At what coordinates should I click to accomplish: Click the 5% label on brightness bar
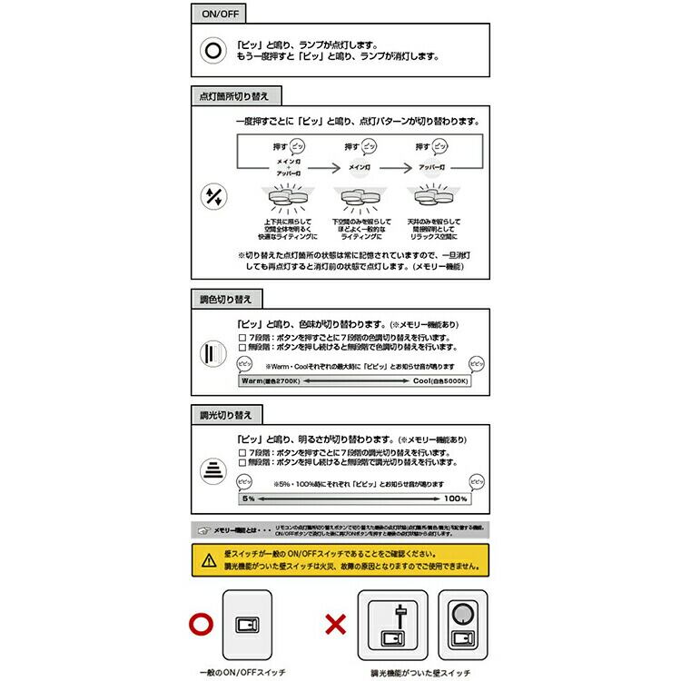(x=248, y=498)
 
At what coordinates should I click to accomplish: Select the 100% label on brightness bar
(x=455, y=498)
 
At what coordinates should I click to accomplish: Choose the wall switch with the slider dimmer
(x=393, y=623)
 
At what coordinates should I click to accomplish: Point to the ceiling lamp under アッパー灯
(x=433, y=197)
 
